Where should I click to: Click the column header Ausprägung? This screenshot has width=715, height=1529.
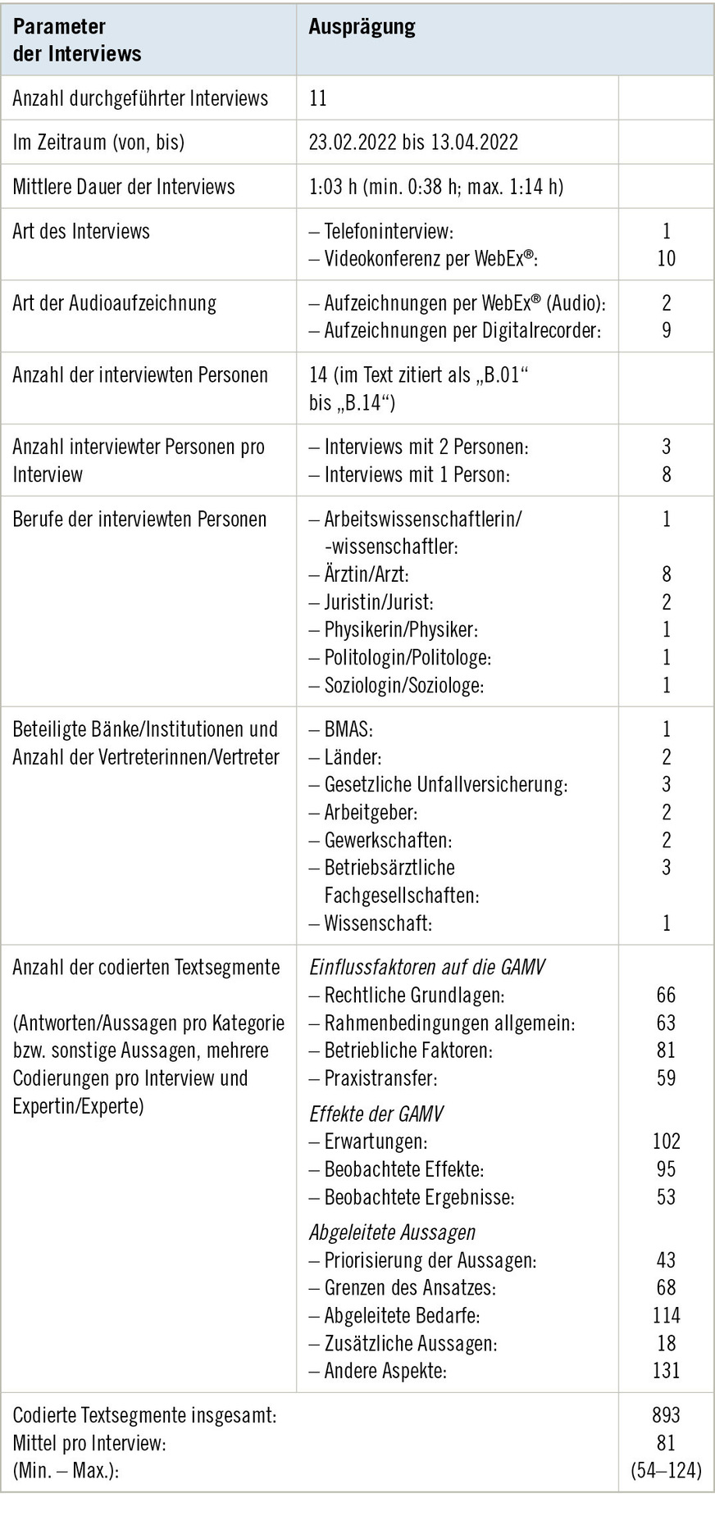[362, 27]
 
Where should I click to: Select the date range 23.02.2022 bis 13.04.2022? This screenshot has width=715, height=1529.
[413, 143]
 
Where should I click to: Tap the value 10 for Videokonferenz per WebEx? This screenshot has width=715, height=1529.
[666, 259]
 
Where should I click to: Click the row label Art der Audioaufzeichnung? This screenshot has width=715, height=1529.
[115, 303]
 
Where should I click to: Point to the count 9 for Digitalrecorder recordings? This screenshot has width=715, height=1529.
[666, 330]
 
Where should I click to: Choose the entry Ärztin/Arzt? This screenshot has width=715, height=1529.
[366, 575]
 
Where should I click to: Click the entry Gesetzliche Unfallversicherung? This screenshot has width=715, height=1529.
[445, 785]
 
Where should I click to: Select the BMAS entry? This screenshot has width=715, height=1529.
[348, 729]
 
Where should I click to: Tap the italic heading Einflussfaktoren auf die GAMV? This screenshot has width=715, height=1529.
[426, 968]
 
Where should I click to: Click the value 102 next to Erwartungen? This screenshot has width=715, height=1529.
[666, 1141]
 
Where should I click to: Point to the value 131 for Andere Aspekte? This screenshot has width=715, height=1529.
[666, 1371]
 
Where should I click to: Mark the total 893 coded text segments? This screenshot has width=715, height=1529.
[666, 1415]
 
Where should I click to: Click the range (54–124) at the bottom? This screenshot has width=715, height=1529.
[666, 1471]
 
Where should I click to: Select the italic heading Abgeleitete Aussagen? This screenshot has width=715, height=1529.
[392, 1232]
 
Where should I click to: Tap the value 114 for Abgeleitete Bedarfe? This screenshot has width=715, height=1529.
[666, 1316]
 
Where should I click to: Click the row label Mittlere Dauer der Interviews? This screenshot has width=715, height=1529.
[124, 187]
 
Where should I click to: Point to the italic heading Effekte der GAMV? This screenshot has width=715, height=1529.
[376, 1114]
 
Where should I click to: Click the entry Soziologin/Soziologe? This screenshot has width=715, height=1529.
[403, 686]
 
